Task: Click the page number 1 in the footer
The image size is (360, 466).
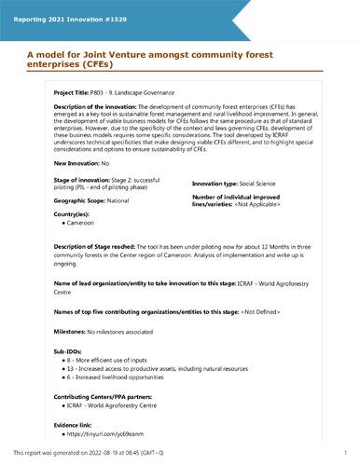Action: coord(345,452)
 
